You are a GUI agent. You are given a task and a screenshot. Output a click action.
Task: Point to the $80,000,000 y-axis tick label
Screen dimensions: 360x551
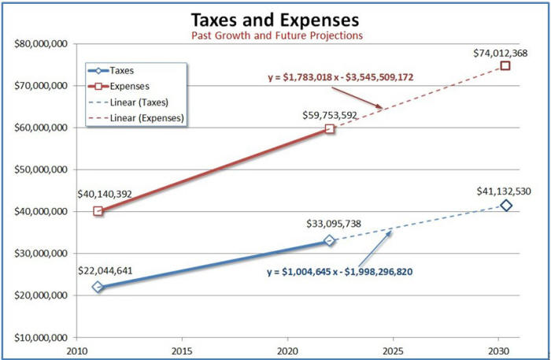pos(39,43)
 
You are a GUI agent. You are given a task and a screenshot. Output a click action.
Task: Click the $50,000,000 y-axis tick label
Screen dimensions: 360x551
pos(39,169)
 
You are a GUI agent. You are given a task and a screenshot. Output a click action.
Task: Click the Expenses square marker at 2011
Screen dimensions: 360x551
pos(98,211)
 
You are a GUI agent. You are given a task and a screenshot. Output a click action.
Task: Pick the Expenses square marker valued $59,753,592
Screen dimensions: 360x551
pos(330,128)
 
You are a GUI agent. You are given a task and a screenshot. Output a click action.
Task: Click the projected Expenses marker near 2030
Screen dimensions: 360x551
pos(505,65)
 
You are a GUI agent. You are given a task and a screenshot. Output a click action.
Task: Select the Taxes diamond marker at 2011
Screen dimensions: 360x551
pos(98,287)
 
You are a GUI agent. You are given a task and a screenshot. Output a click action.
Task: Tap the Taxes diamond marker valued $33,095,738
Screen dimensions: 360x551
pos(330,240)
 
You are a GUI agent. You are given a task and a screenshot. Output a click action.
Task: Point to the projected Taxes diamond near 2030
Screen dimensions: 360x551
pos(506,206)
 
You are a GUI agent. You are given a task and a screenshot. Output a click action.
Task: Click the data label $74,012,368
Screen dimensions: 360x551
pos(500,53)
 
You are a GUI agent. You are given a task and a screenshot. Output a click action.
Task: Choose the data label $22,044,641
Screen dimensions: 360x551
pos(106,270)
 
